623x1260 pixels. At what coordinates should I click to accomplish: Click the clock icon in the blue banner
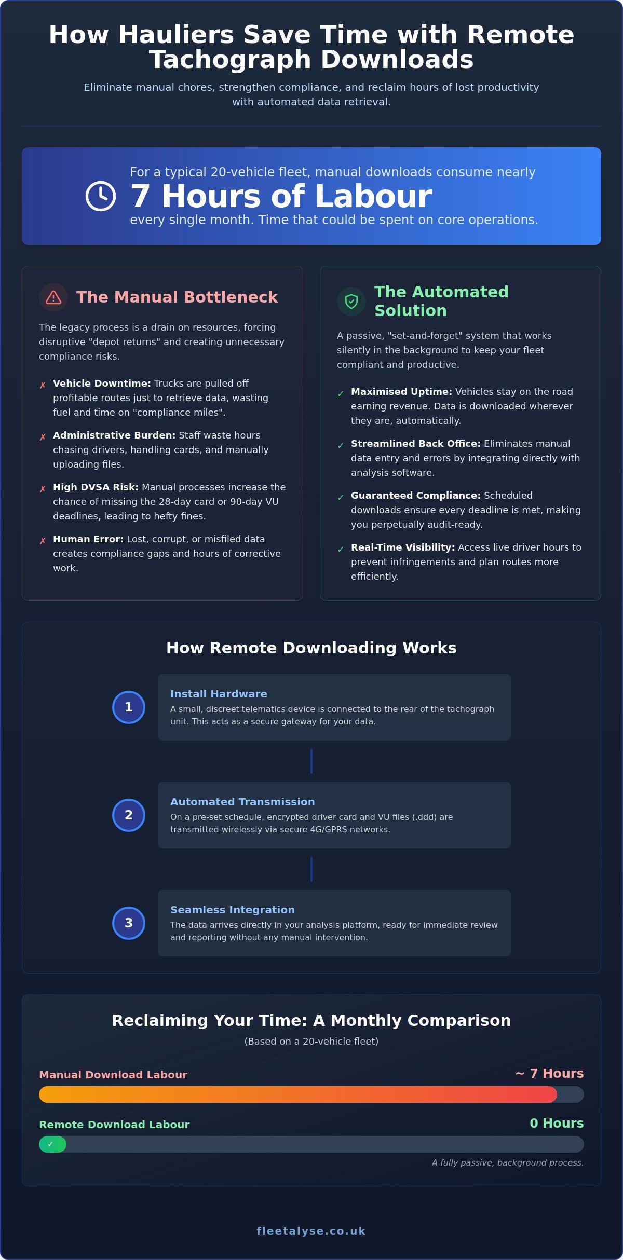(x=101, y=196)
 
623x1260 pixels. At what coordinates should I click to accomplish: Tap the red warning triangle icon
(x=53, y=297)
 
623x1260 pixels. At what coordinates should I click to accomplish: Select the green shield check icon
(x=351, y=302)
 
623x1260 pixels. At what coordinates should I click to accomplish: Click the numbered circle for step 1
(x=129, y=707)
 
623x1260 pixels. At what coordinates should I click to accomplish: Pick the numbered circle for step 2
(x=129, y=815)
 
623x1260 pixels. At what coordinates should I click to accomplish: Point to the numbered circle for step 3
(x=129, y=923)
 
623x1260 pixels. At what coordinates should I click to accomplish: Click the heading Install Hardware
(x=219, y=694)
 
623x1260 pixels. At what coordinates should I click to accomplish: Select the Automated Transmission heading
(x=242, y=802)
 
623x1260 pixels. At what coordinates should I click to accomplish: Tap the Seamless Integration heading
(x=233, y=910)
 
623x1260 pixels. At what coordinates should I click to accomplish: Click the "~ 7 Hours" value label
(x=549, y=1073)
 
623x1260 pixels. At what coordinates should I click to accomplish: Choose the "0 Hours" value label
(x=557, y=1123)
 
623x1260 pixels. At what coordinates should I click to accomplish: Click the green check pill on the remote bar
(x=52, y=1144)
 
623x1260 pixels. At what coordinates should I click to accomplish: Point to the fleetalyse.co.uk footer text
(x=311, y=1231)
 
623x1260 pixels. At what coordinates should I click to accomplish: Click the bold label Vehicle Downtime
(x=102, y=384)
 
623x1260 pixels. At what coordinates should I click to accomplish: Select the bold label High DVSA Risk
(x=96, y=487)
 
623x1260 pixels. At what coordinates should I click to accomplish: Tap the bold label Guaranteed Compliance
(x=416, y=496)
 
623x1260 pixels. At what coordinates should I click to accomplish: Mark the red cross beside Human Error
(x=43, y=541)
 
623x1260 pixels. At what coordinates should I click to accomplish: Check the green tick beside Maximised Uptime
(x=341, y=393)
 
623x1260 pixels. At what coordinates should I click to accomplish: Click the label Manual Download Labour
(x=113, y=1075)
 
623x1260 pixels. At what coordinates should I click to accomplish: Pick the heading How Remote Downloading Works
(x=311, y=648)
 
